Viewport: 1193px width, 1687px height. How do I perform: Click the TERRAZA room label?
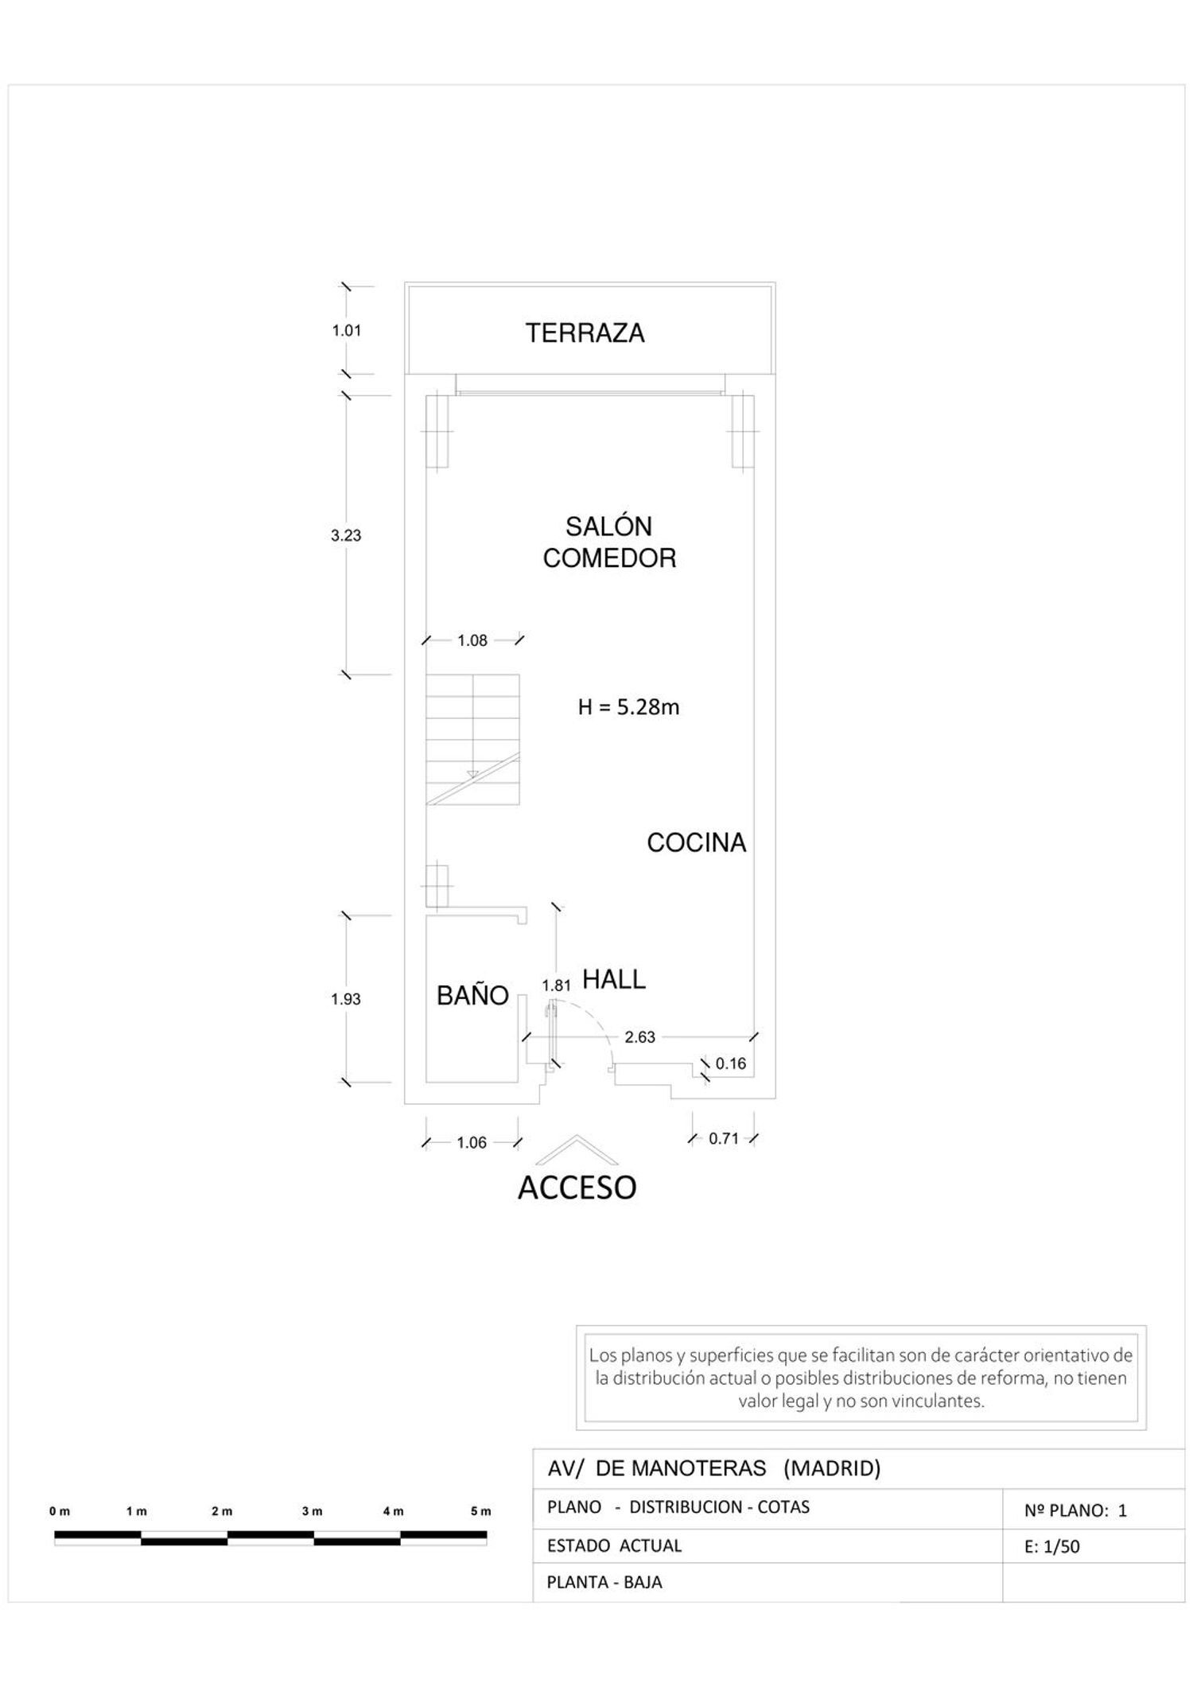pos(585,332)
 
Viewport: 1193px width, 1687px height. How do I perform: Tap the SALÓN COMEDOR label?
pos(609,542)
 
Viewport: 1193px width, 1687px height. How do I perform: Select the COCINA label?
pos(696,842)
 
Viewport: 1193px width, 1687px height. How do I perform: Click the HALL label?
pos(614,979)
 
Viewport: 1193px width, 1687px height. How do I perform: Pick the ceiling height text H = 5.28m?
pos(628,706)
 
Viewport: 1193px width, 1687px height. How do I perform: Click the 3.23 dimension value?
pos(346,535)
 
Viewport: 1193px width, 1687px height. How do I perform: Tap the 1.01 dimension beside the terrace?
pos(347,330)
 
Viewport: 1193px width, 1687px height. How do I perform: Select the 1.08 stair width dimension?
pos(472,640)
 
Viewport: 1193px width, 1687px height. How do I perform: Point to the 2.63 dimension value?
pos(640,1036)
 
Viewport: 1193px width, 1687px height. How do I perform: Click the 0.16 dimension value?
pos(731,1063)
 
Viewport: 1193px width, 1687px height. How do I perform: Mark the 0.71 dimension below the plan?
pos(724,1138)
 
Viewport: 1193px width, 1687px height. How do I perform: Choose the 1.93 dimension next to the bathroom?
pos(346,999)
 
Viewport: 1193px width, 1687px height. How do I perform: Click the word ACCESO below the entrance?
pos(577,1188)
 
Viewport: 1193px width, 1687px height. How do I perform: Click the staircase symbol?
pos(472,740)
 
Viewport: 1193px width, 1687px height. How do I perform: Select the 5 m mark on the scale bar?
pos(481,1511)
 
